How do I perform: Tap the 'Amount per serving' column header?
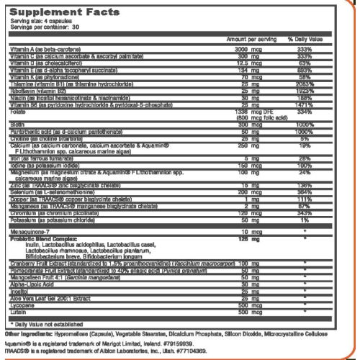246,37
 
